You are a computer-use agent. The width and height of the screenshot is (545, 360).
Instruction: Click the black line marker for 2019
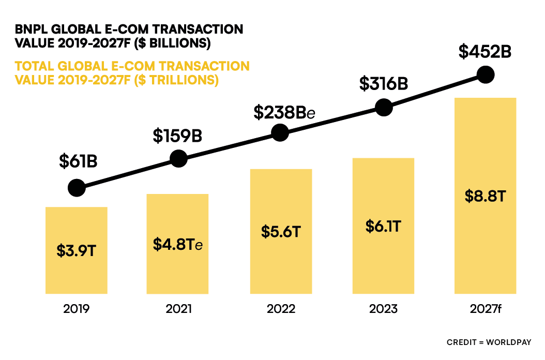[x=77, y=188]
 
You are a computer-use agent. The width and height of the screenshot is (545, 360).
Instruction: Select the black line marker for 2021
[x=178, y=159]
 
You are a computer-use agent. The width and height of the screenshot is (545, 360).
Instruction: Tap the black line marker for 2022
[x=280, y=133]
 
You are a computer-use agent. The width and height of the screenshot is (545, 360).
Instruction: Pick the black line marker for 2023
[x=383, y=108]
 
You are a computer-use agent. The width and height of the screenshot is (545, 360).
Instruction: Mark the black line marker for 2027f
[x=486, y=74]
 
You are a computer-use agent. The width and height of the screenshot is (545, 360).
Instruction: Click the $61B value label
[x=78, y=162]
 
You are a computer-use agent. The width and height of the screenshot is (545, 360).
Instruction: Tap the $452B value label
[x=486, y=52]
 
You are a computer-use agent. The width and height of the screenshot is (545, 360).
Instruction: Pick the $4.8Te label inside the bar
[x=177, y=244]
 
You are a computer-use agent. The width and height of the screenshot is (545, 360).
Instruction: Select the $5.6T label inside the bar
[x=281, y=231]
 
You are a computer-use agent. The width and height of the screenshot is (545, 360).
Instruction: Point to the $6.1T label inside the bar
[x=383, y=226]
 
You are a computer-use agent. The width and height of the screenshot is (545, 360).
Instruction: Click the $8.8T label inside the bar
[x=485, y=196]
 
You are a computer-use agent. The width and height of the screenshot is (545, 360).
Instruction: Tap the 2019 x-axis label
[x=77, y=309]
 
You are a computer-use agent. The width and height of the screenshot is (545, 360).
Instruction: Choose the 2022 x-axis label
[x=281, y=309]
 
